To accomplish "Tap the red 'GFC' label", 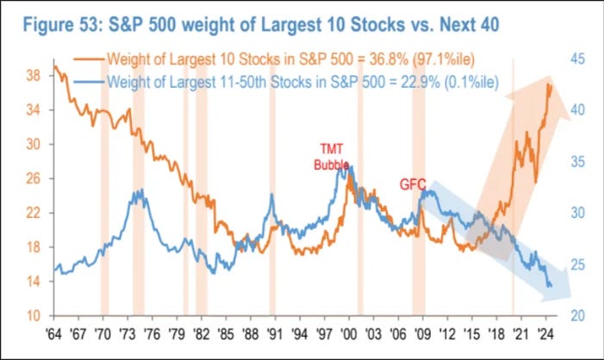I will click(413, 183).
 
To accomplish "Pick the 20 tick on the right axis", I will click(577, 315).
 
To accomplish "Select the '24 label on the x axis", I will click(544, 332).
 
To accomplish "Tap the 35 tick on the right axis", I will click(577, 162).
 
